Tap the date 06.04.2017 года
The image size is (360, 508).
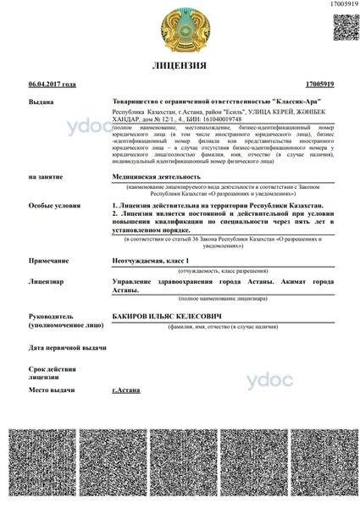click(53, 85)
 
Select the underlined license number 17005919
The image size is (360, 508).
click(318, 85)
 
